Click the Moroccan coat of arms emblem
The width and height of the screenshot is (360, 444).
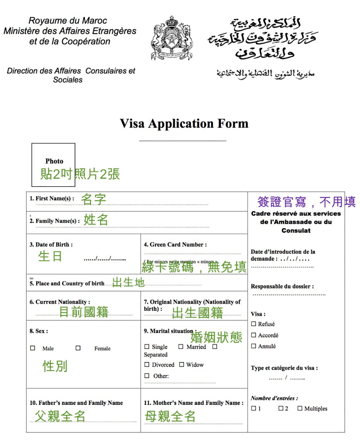(x=171, y=38)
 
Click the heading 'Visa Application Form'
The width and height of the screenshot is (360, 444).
(x=184, y=124)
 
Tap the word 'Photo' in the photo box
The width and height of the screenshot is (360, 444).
(x=54, y=161)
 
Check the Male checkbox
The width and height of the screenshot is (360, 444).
(x=33, y=348)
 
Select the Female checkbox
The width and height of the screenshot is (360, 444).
(x=78, y=348)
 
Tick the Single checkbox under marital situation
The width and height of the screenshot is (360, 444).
(x=147, y=347)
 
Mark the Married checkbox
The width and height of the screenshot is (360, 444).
(x=181, y=347)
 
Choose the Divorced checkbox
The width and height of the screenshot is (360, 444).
(x=147, y=365)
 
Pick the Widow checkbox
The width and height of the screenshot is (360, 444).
(x=182, y=365)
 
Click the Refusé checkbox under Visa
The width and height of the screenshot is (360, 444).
(x=254, y=324)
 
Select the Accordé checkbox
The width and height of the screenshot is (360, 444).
(x=254, y=335)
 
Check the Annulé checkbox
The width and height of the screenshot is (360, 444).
(x=254, y=346)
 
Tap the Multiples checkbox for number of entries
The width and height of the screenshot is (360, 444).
(x=300, y=408)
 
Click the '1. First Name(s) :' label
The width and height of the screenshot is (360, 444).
(x=52, y=199)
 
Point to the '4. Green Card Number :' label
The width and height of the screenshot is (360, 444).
(x=175, y=245)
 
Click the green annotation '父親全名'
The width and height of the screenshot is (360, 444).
(x=60, y=416)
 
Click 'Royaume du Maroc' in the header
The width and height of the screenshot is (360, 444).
(x=68, y=21)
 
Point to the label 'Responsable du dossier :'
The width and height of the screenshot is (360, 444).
(x=282, y=287)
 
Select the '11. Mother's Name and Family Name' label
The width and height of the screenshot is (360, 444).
(x=193, y=403)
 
